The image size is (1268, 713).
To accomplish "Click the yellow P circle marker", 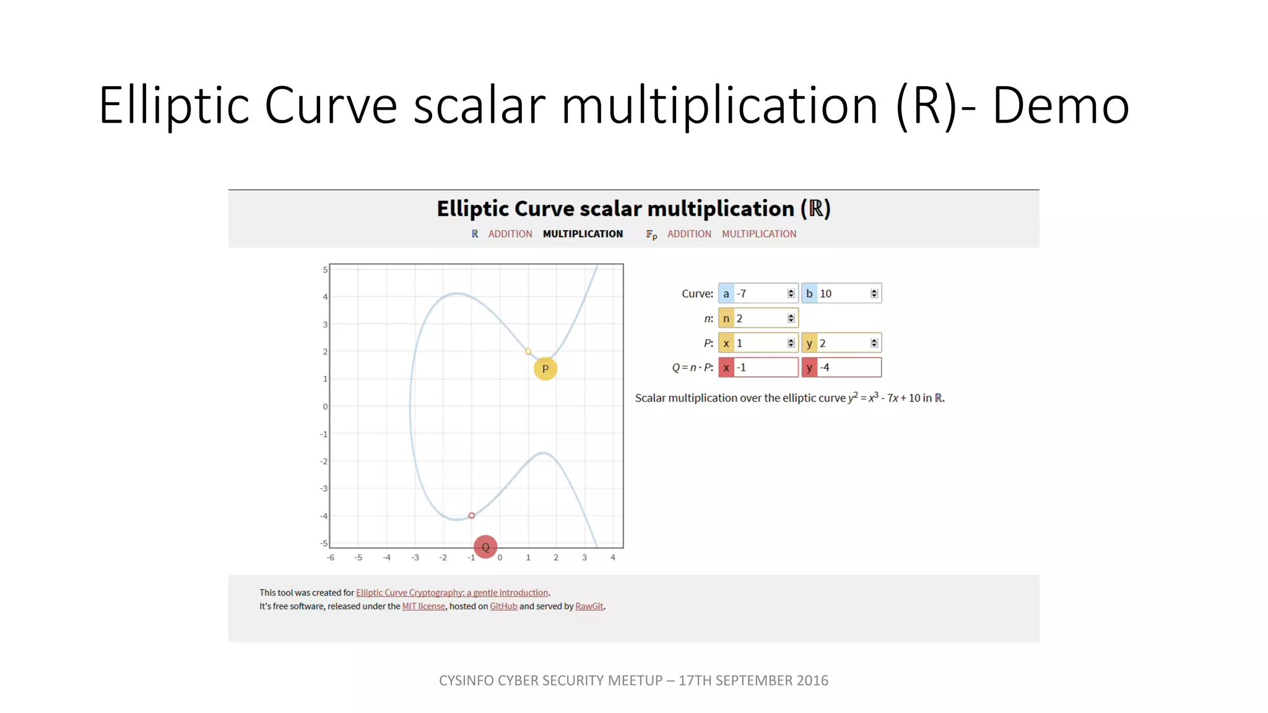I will tap(545, 369).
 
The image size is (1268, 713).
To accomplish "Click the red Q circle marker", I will tap(485, 547).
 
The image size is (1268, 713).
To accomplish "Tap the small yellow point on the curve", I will tap(528, 352).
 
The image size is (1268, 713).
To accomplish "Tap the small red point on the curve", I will tap(472, 516).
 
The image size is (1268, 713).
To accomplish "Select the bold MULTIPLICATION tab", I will tap(583, 234).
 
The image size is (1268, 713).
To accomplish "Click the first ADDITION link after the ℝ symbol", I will tap(510, 234).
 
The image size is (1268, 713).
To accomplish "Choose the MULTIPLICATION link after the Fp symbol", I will tap(758, 234).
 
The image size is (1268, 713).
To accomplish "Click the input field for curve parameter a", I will tap(760, 293).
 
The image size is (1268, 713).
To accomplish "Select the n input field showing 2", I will tap(760, 318).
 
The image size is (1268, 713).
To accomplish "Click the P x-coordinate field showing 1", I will tap(760, 343).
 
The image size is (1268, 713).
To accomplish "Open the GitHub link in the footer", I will tap(503, 607).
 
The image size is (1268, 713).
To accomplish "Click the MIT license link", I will tap(423, 607).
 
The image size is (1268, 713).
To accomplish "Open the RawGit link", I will tap(589, 607).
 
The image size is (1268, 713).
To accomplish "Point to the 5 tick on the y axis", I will tap(325, 270).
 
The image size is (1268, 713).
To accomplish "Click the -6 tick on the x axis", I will tap(331, 558).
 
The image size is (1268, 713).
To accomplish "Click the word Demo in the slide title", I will tap(1061, 105).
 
